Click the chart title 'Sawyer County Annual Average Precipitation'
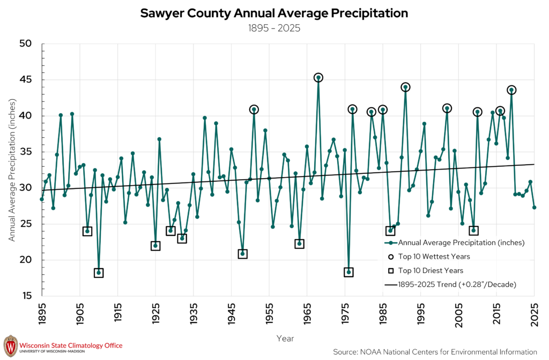coord(274,13)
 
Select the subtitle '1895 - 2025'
coord(274,28)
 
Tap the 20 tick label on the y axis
coord(26,260)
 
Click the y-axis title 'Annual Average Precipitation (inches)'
coord(12,170)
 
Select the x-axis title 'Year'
coord(285,338)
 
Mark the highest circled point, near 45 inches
coord(318,78)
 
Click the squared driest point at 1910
coord(99,273)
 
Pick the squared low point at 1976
coord(348,272)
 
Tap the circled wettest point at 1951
coord(254,110)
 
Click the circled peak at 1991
coord(405,87)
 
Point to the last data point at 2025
coord(535,208)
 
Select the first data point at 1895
coord(42,199)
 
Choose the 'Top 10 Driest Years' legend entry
coord(425,270)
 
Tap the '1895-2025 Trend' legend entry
coord(450,284)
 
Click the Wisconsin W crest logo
coord(10,346)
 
